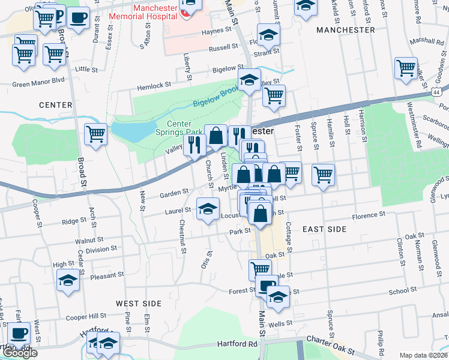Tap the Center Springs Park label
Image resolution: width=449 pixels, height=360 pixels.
(179, 128)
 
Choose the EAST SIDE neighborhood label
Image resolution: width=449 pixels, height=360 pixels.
(324, 229)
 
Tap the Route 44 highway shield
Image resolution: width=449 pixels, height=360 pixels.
(438, 91)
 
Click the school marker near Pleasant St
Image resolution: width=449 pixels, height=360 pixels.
(68, 280)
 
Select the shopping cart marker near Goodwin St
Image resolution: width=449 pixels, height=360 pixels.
(406, 68)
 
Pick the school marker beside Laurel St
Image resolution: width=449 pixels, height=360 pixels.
(208, 209)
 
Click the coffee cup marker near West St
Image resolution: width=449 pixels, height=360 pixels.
(19, 332)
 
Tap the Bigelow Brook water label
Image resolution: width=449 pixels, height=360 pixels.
(214, 97)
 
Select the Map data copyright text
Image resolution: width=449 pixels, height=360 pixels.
(423, 355)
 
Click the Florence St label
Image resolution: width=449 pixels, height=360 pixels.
(368, 215)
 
